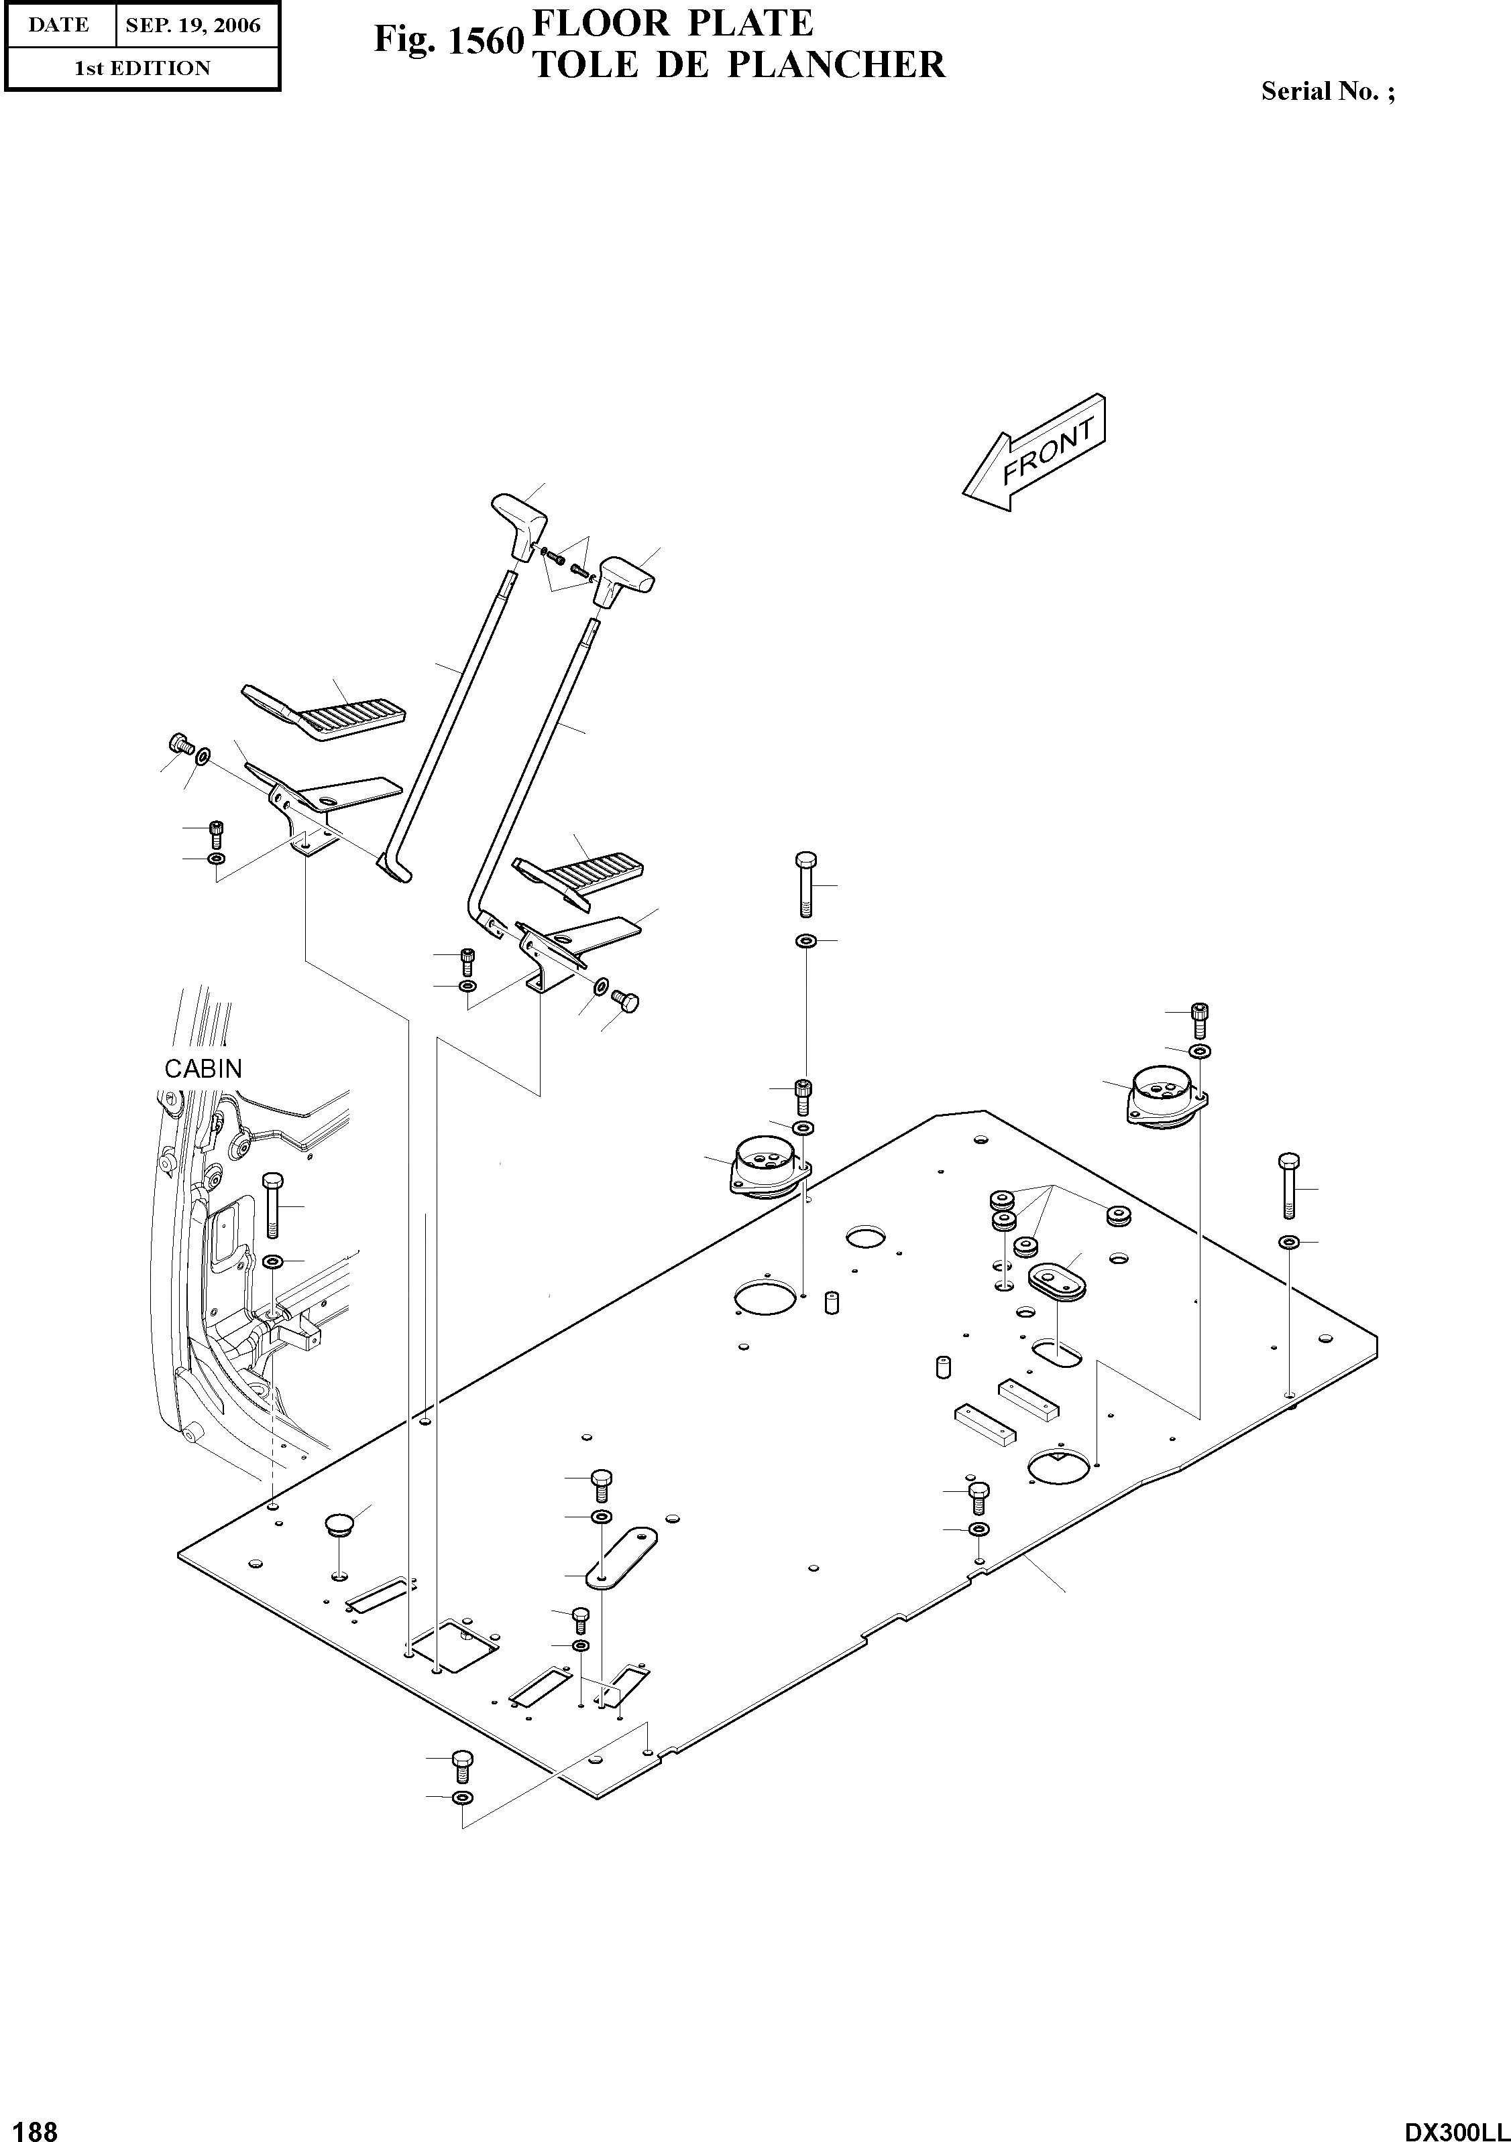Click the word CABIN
pyautogui.click(x=203, y=1068)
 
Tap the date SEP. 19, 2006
pyautogui.click(x=193, y=25)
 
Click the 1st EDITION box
pyautogui.click(x=142, y=68)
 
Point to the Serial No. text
pyautogui.click(x=1327, y=91)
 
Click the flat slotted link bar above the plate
pyautogui.click(x=620, y=1557)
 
